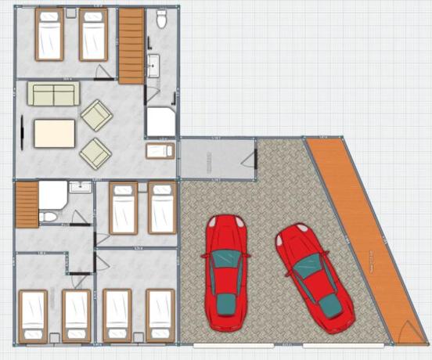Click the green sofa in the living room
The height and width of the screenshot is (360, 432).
tap(53, 95)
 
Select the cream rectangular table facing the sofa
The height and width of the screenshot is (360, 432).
tap(54, 133)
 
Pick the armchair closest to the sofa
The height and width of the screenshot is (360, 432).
tap(97, 115)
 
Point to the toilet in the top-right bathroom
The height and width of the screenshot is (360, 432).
tap(163, 18)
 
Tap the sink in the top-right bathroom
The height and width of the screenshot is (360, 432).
tap(153, 63)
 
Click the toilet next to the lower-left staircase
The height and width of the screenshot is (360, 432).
tap(49, 215)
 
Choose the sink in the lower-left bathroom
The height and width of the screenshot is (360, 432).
tap(80, 188)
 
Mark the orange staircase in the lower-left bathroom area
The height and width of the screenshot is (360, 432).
tap(27, 204)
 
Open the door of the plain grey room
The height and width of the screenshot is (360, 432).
tap(248, 160)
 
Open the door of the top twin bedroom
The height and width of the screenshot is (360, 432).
tap(103, 73)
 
